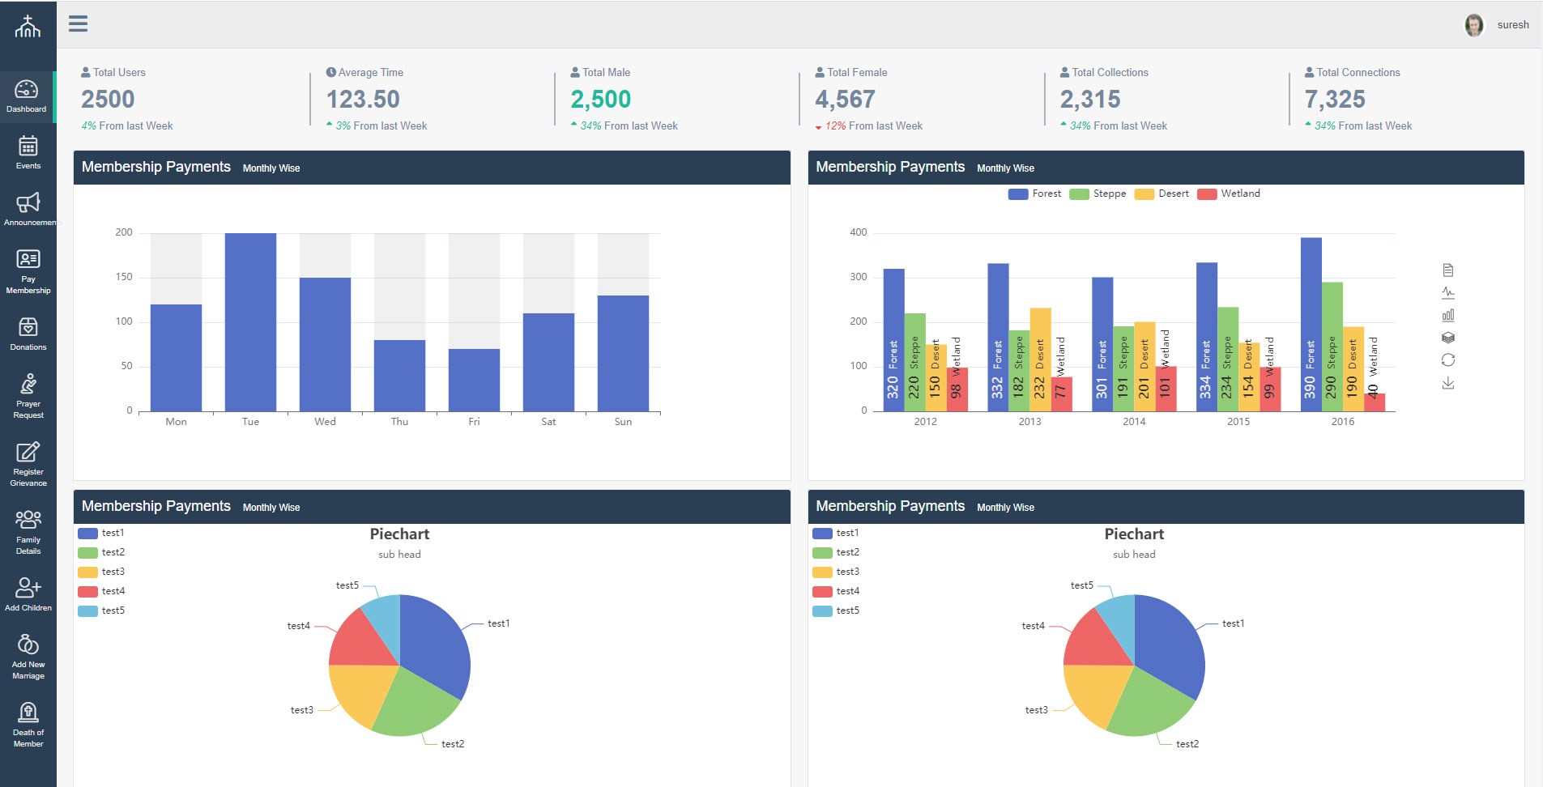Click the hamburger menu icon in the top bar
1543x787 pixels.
click(x=78, y=23)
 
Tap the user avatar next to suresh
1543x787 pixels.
click(x=1474, y=25)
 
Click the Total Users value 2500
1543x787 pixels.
click(x=108, y=100)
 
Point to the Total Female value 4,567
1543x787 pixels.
click(x=845, y=100)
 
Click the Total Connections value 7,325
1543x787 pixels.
click(x=1335, y=100)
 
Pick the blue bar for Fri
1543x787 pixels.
click(x=474, y=380)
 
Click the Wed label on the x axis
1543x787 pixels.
click(x=325, y=422)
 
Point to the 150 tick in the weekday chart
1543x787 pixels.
click(x=124, y=277)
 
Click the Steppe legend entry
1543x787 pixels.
click(x=1098, y=194)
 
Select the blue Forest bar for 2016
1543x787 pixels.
click(x=1311, y=324)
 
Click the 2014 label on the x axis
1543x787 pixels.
click(x=1134, y=422)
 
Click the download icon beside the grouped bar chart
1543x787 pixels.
click(x=1448, y=383)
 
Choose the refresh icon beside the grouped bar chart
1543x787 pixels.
click(x=1448, y=360)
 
